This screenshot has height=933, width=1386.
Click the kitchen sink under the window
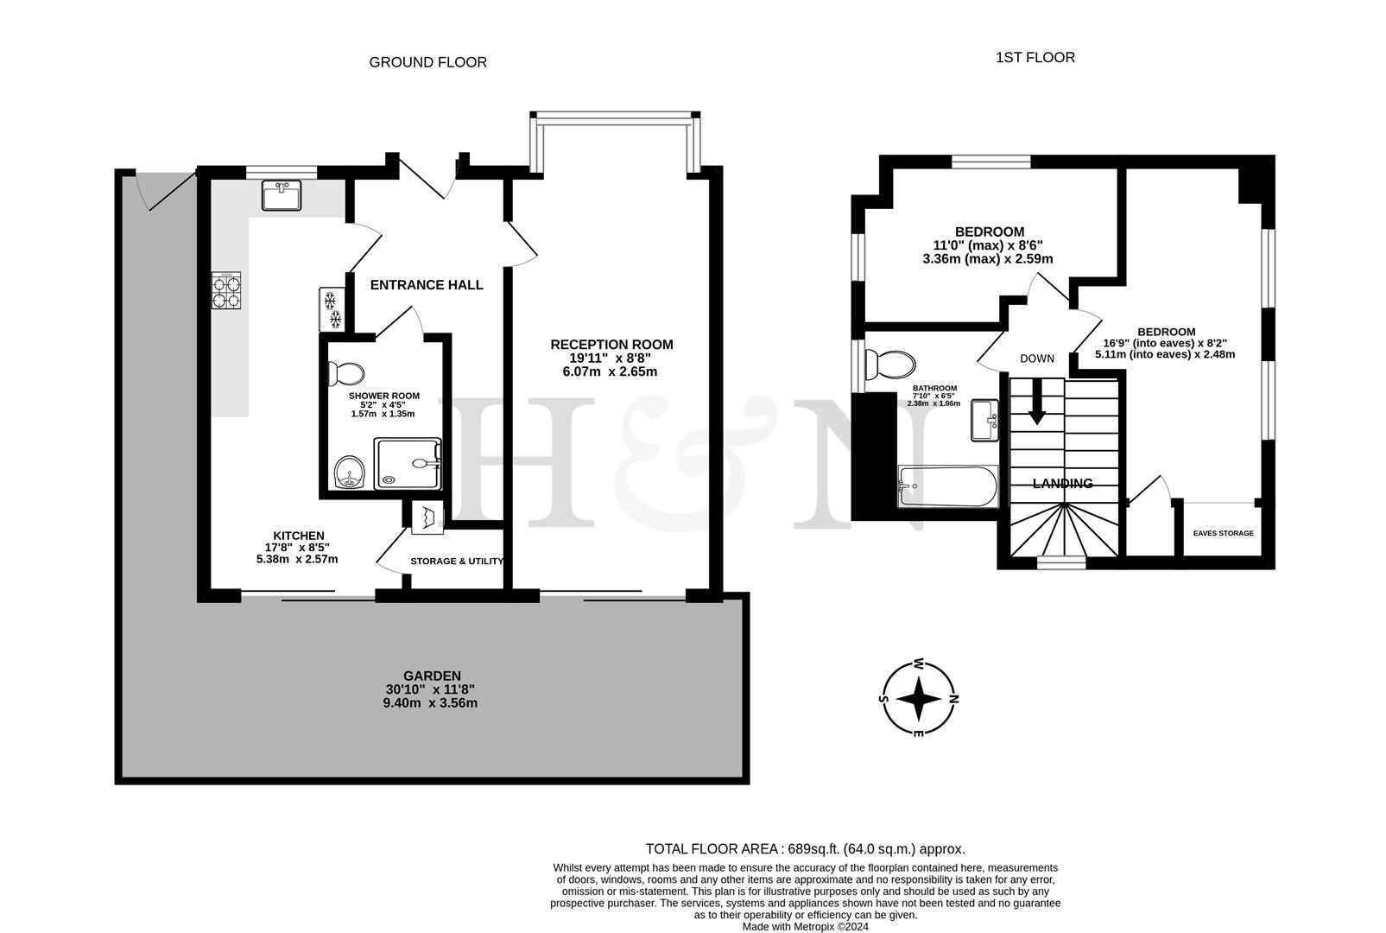coord(282,195)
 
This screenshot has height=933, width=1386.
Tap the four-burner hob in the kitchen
coord(226,291)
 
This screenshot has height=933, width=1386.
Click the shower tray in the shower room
coord(408,463)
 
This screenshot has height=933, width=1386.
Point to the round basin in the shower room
coord(350,472)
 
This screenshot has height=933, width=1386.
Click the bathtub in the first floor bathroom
coord(948,486)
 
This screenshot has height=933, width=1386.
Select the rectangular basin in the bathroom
coord(984,420)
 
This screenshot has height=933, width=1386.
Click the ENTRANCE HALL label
coord(427,285)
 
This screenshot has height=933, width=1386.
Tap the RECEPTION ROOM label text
coord(611,345)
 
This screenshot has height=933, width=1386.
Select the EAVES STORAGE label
coord(1223,533)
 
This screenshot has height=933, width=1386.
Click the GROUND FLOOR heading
coord(427,62)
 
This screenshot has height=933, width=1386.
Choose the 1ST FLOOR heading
coord(1035,58)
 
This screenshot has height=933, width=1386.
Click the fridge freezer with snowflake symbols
coord(331,309)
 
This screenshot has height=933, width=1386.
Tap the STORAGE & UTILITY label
coord(457,562)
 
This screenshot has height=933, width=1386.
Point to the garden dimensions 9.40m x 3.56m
coord(430,703)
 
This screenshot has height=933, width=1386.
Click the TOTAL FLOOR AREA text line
coord(805,849)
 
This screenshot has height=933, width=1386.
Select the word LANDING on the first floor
coord(1062,484)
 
